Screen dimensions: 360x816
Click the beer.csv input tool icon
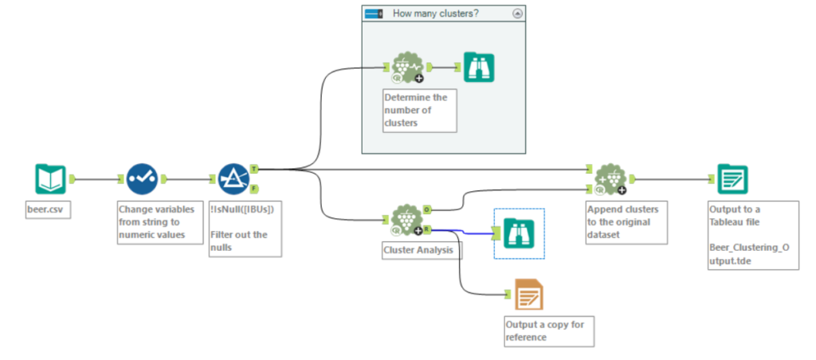50,179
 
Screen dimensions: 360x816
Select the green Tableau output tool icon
732,179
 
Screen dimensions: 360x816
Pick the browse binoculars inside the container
479,68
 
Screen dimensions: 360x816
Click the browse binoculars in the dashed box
519,233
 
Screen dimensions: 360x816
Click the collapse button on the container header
517,14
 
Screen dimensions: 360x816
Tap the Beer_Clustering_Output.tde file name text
749,252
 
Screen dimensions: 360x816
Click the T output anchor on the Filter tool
253,169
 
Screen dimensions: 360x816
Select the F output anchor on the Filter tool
253,189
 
